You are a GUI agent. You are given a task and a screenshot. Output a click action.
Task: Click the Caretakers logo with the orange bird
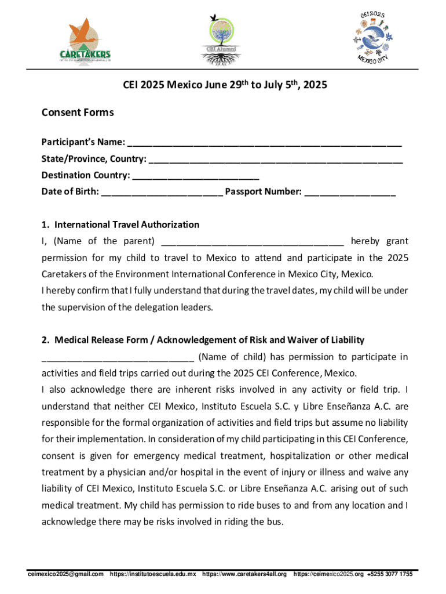[85, 39]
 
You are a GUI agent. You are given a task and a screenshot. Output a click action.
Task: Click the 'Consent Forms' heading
[78, 113]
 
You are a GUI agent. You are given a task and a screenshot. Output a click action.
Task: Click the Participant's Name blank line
[265, 143]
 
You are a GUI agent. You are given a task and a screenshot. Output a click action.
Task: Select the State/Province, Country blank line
[276, 159]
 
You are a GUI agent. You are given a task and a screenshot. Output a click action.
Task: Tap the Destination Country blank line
[196, 175]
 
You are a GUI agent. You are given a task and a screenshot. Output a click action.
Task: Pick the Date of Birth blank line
[162, 191]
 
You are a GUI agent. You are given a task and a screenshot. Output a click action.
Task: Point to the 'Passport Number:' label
[264, 191]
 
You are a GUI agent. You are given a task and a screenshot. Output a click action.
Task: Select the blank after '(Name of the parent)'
[253, 241]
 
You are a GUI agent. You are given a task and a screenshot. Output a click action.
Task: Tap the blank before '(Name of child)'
[118, 356]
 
